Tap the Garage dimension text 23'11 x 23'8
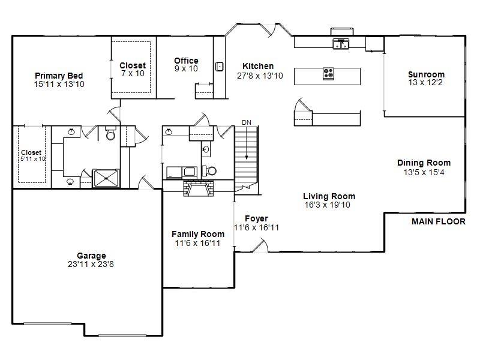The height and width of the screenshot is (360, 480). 91,264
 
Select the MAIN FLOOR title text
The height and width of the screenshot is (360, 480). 438,221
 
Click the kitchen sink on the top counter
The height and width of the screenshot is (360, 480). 341,44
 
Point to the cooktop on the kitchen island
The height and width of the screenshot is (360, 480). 329,74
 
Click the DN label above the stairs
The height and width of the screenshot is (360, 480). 246,122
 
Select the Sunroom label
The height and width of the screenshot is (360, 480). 426,75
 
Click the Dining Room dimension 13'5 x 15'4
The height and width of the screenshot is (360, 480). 424,172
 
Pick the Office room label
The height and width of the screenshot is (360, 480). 186,61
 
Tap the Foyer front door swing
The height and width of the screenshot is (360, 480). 260,245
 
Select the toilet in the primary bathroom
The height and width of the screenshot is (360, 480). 110,134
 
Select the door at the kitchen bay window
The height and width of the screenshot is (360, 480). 271,30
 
